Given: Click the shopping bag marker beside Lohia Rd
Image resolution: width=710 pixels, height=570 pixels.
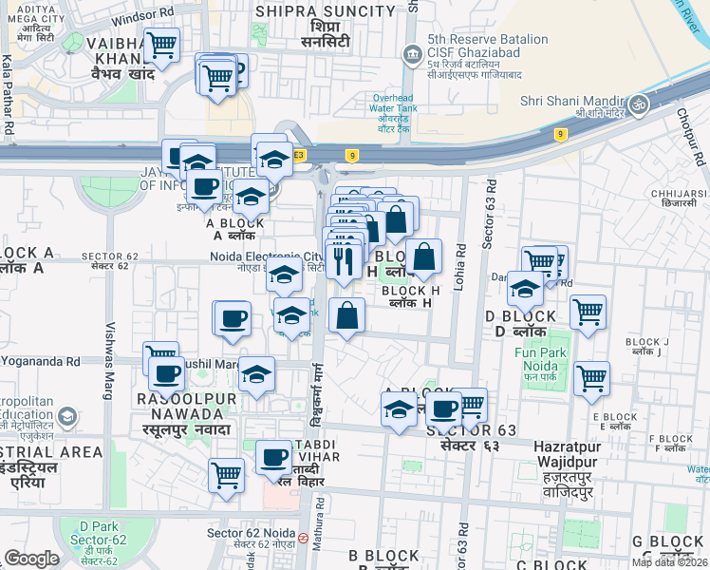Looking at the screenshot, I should click(423, 255).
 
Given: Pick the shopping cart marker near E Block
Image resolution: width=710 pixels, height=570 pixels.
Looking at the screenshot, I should click(592, 377).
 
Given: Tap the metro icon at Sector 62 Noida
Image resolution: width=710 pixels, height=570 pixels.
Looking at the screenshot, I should click(303, 538).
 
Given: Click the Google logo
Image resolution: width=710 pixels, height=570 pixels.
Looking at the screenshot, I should click(31, 559).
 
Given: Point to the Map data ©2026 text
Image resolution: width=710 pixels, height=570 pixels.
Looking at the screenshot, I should click(668, 562).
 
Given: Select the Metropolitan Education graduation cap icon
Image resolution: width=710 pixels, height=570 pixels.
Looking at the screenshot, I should click(67, 416).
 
